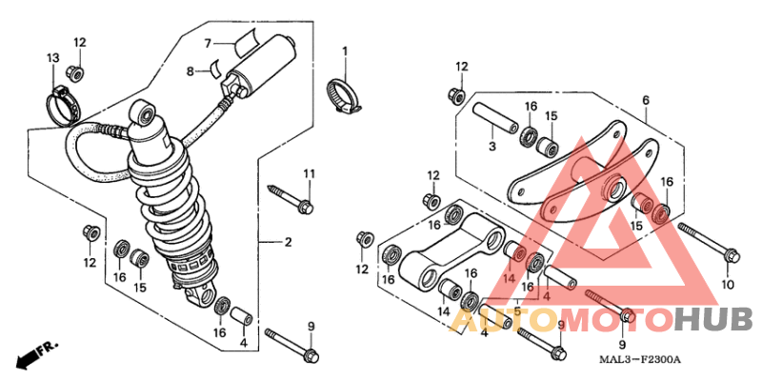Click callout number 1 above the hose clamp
pyautogui.click(x=345, y=50)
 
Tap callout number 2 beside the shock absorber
pyautogui.click(x=288, y=243)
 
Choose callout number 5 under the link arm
pyautogui.click(x=517, y=310)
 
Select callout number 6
pyautogui.click(x=645, y=100)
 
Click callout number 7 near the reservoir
pyautogui.click(x=205, y=43)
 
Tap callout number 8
pyautogui.click(x=190, y=71)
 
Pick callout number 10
pyautogui.click(x=728, y=285)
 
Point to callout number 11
pyautogui.click(x=309, y=172)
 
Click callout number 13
pyautogui.click(x=51, y=59)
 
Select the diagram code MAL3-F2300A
pyautogui.click(x=640, y=359)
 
